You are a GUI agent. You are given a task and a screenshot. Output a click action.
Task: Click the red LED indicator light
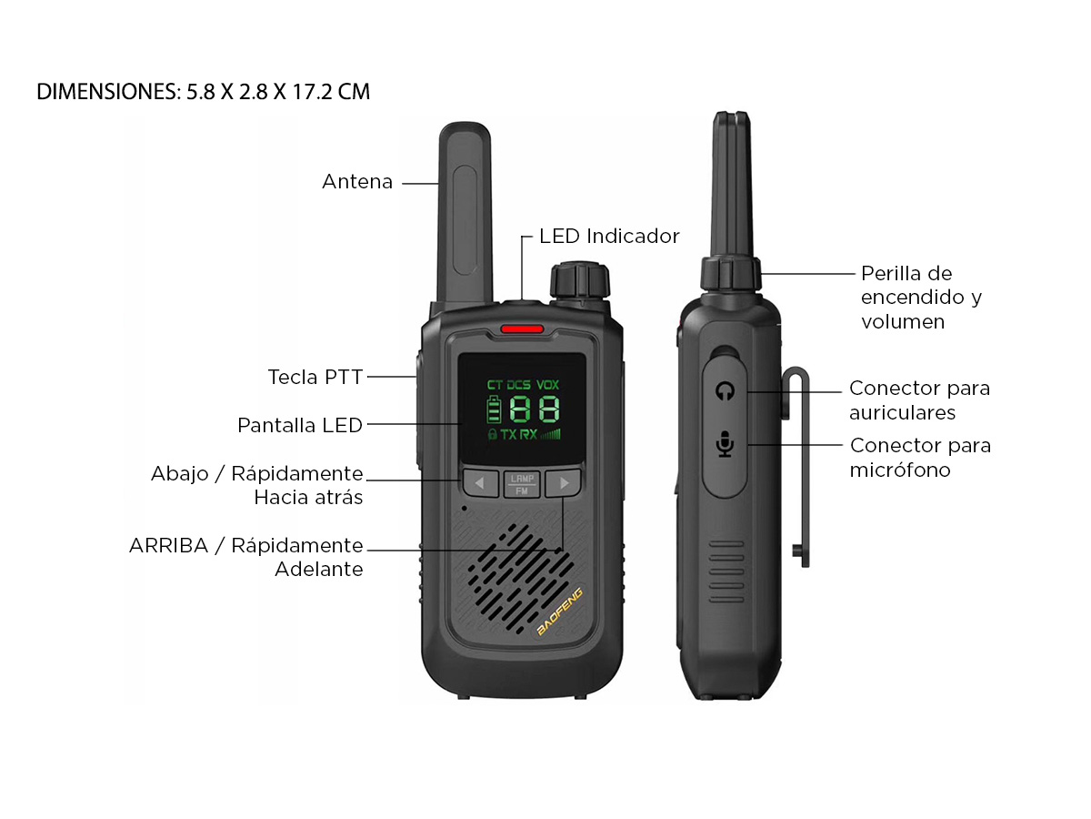point(521,329)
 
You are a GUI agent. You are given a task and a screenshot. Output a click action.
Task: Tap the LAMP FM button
point(521,484)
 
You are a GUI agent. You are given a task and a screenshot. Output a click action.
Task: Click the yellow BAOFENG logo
point(559,611)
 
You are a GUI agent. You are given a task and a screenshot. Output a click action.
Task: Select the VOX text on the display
point(547,384)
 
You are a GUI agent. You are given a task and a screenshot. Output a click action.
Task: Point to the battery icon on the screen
point(494,409)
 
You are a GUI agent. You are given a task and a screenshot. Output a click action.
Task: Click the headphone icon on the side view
point(725,391)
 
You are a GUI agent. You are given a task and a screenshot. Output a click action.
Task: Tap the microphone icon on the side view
point(726,443)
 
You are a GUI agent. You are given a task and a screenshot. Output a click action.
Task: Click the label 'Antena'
point(357,181)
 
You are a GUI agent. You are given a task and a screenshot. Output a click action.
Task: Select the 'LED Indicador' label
point(609,237)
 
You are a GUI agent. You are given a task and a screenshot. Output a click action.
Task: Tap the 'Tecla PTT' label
point(315,377)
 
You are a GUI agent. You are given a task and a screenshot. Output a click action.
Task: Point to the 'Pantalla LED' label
point(300,425)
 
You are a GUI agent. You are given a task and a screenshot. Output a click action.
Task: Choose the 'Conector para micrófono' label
point(920,458)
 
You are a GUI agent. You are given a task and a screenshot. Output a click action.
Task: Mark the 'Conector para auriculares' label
point(919,400)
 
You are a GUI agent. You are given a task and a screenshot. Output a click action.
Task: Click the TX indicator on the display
point(508,435)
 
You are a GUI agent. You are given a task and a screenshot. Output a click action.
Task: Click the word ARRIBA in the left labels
point(168,545)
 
